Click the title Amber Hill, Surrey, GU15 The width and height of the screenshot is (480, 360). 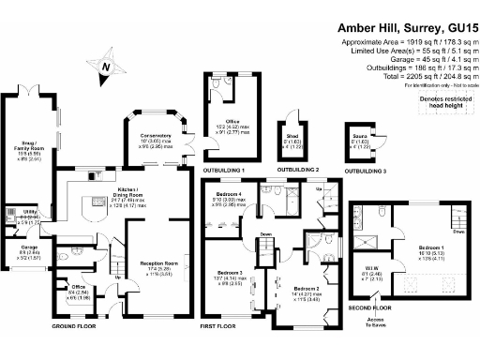[405, 29]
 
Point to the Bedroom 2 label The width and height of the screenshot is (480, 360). [307, 292]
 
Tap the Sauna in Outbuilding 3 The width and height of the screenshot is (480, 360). [358, 143]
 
